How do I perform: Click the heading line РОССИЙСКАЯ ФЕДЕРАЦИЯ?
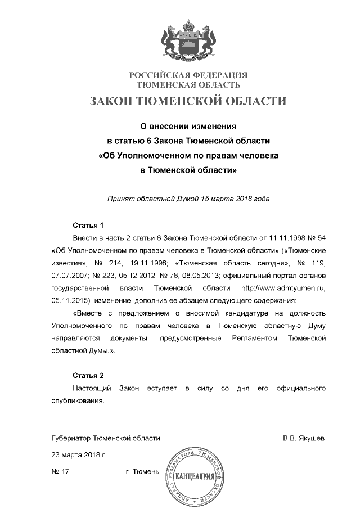188,75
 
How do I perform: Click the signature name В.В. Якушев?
304,438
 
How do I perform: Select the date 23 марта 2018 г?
78,454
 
